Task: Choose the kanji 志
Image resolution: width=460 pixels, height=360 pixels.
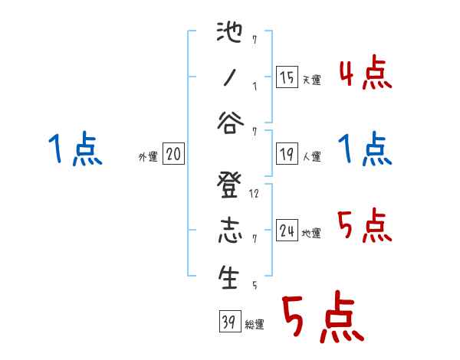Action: click(228, 231)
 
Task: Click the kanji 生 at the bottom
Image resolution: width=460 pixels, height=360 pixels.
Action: click(228, 277)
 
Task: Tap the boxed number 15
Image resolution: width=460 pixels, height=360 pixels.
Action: click(287, 78)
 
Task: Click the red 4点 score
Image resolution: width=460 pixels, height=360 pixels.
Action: click(365, 75)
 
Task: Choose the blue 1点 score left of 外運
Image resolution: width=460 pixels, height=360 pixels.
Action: click(75, 149)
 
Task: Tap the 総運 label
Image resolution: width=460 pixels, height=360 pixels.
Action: click(254, 325)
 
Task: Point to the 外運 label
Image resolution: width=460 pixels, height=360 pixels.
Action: click(147, 157)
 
